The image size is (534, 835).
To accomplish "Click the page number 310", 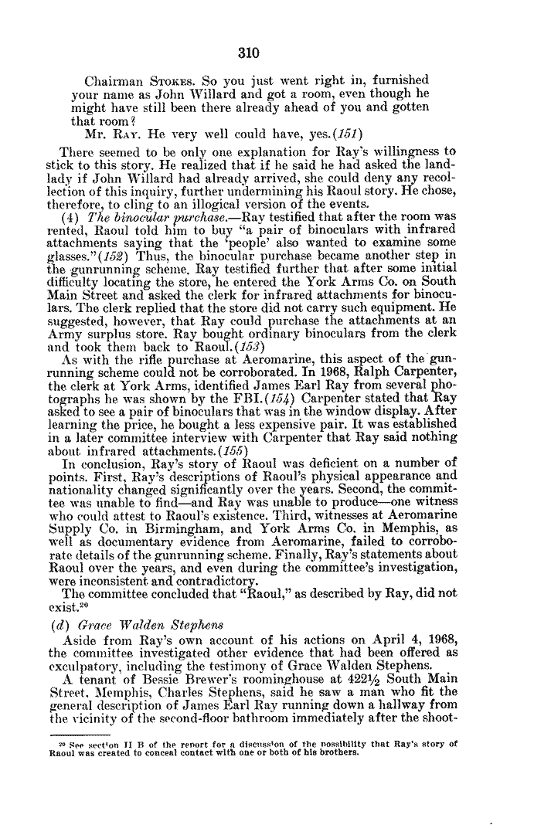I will pos(247,53).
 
